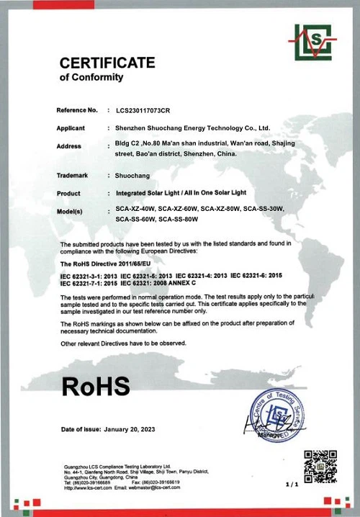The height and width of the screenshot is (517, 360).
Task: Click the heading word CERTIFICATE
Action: (107, 63)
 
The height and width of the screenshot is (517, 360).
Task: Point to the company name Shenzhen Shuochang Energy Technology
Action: (192, 128)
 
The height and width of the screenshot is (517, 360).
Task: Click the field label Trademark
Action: (72, 175)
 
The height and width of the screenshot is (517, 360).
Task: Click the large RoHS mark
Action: (96, 385)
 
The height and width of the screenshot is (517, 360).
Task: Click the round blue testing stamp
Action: (273, 415)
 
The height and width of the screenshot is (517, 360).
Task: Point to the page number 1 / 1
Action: (292, 485)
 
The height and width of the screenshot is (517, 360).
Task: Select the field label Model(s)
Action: (70, 211)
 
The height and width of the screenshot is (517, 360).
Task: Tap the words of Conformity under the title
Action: (91, 77)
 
